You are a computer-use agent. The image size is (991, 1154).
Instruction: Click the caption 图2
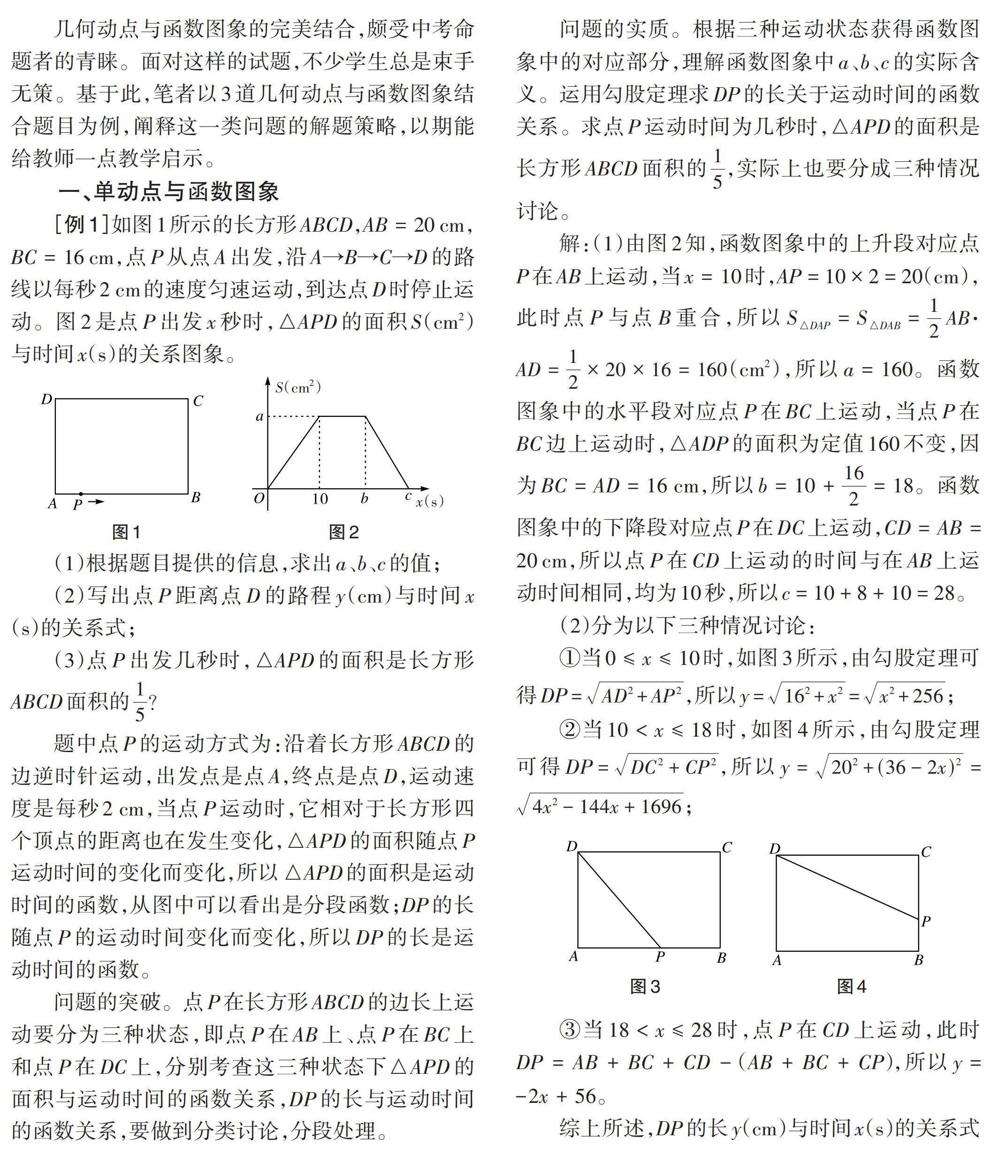pos(343,532)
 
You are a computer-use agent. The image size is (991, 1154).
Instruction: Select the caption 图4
pos(851,986)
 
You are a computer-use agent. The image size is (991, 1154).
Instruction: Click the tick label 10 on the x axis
pos(320,499)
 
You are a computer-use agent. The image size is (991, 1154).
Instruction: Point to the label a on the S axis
pos(259,416)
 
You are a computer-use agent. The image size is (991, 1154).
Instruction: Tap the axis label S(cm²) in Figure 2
pos(298,387)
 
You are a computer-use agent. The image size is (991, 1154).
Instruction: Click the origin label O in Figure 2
pos(259,499)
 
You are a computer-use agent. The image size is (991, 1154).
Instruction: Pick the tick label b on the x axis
pos(365,499)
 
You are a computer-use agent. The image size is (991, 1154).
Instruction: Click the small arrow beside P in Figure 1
pos(97,502)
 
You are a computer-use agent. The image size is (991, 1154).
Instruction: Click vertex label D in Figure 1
pos(47,399)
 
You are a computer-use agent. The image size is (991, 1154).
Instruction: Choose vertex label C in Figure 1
pos(198,401)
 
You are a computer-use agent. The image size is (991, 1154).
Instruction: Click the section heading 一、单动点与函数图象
pos(168,192)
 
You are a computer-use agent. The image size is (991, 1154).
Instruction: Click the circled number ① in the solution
pos(569,658)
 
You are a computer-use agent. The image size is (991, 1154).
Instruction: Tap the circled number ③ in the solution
pos(569,1030)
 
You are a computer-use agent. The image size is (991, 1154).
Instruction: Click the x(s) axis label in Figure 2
pos(430,501)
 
